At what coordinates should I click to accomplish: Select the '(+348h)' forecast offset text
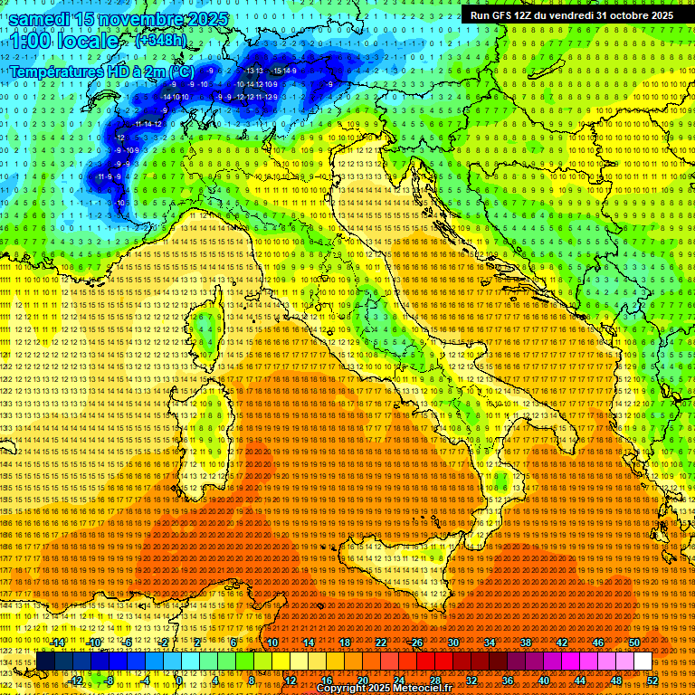click(x=161, y=41)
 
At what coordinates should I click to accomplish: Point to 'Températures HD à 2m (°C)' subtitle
click(x=102, y=71)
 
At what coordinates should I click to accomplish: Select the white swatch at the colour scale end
click(x=643, y=662)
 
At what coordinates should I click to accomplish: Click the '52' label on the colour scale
click(x=652, y=680)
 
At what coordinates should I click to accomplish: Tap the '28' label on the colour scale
click(x=434, y=680)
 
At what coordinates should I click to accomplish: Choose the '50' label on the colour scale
click(x=634, y=643)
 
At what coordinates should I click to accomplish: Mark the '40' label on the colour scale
click(x=544, y=680)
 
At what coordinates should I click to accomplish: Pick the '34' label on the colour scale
click(x=490, y=643)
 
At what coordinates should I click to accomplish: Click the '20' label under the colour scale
click(x=362, y=680)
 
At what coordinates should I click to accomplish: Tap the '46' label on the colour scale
click(x=598, y=643)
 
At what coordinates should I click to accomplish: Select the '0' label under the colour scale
click(x=182, y=680)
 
